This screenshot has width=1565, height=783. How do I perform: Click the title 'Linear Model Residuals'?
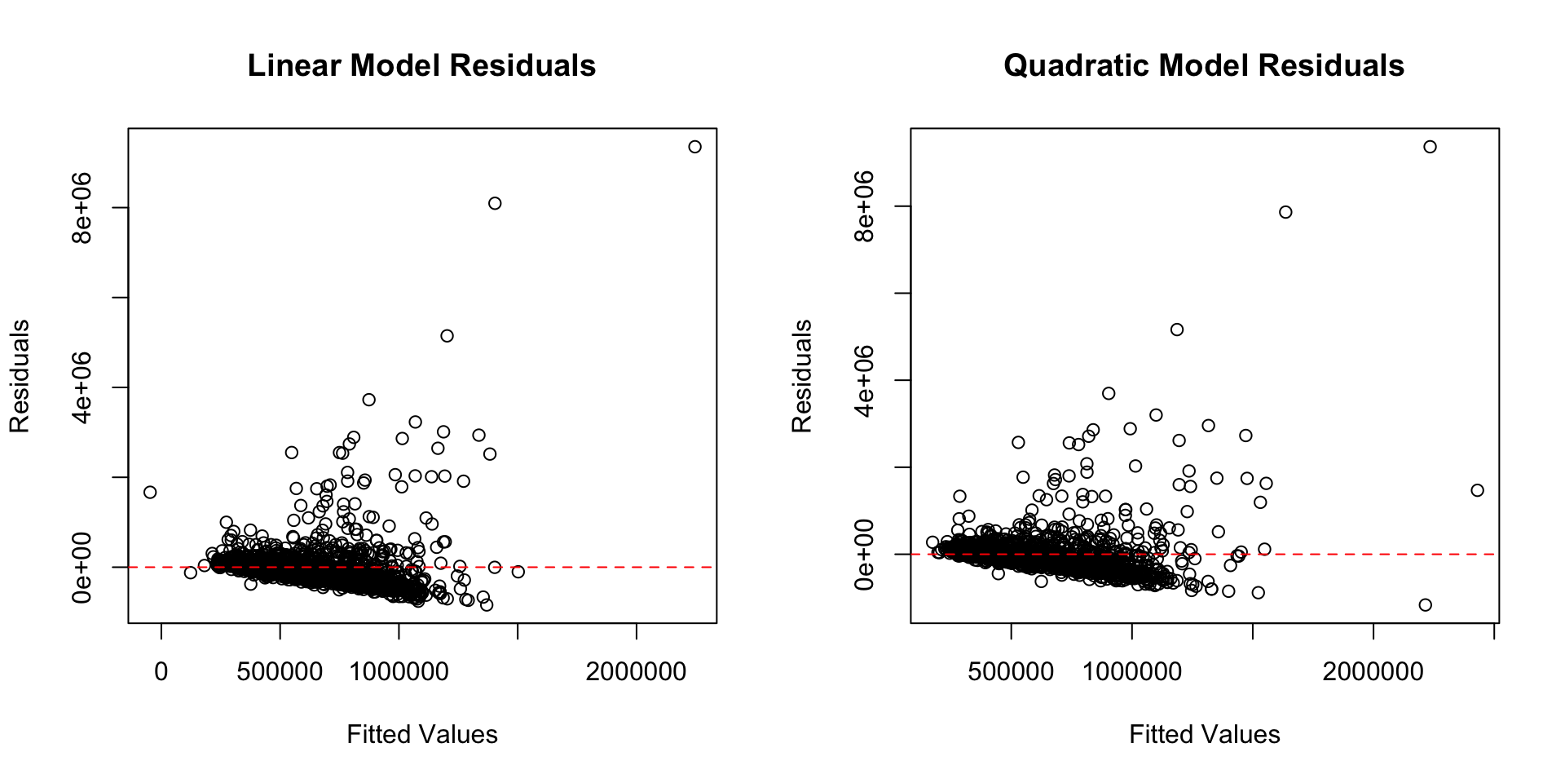coord(421,66)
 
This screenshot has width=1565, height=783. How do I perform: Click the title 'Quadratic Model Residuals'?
coord(1204,66)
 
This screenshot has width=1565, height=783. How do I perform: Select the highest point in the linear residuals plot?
coord(694,147)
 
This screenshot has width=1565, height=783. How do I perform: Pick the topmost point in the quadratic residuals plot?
coord(1430,147)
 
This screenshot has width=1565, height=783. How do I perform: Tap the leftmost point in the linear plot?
coord(150,492)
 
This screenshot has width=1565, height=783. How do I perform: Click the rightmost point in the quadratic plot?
coord(1477,490)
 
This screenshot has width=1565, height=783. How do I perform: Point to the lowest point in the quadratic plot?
coord(1425,605)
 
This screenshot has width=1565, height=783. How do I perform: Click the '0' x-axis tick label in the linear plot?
coord(161,672)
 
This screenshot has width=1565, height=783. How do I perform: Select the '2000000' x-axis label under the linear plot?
coord(636,672)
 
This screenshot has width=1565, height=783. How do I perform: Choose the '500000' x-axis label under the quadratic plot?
coord(1011,672)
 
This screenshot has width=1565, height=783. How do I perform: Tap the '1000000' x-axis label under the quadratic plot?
coord(1131,672)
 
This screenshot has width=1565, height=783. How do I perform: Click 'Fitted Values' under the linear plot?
coord(422,734)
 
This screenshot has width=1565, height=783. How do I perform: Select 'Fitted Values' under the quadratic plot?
coord(1205,734)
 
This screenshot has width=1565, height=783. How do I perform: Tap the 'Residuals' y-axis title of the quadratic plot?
coord(802,376)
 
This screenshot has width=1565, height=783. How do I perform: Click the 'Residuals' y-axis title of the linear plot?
coord(20,376)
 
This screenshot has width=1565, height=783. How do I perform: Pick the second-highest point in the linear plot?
coord(495,203)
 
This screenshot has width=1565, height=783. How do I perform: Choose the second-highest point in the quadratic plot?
coord(1285,212)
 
